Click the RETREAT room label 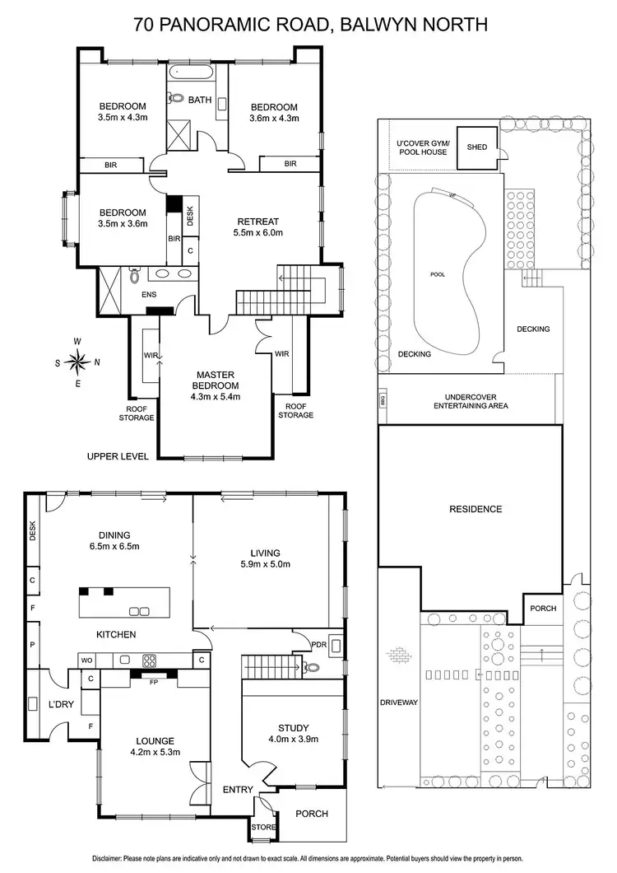(x=257, y=221)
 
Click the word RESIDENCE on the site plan (x=475, y=509)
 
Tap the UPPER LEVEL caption (x=116, y=455)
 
